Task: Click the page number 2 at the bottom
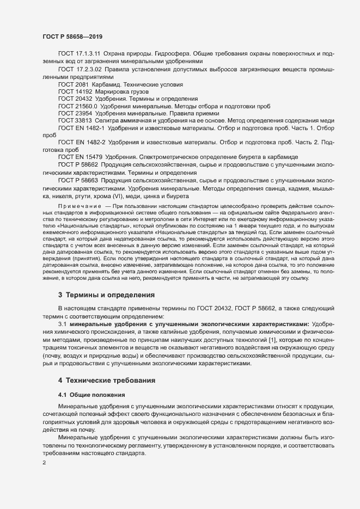[x=44, y=463]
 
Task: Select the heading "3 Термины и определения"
[x=107, y=295]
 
